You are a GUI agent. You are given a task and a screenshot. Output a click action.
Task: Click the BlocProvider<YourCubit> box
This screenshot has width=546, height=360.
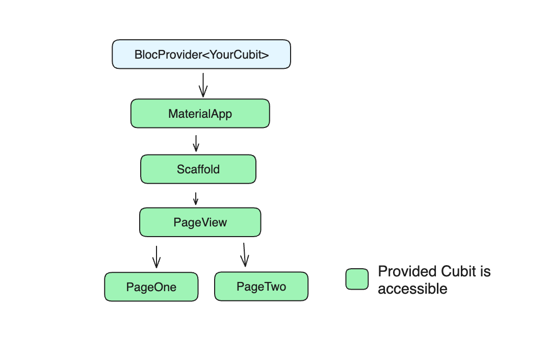tap(201, 54)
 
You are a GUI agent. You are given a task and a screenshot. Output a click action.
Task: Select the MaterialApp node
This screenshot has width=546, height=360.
tap(200, 113)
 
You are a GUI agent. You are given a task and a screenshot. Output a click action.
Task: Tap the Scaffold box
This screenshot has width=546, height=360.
tap(198, 169)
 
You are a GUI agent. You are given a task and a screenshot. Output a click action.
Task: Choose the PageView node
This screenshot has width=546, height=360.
tap(200, 222)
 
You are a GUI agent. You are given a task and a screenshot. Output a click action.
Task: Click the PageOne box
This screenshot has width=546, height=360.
tap(151, 287)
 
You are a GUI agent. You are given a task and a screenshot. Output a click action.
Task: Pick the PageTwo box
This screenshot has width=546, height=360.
tap(261, 286)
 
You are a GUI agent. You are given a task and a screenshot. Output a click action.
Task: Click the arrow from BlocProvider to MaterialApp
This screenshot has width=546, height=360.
tap(203, 85)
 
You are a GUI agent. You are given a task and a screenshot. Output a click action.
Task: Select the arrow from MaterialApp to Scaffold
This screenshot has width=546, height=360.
tap(196, 143)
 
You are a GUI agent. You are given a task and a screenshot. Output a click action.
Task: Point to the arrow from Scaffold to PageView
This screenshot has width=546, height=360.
tap(195, 198)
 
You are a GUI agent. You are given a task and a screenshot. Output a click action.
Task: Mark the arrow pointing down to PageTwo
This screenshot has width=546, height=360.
tap(244, 254)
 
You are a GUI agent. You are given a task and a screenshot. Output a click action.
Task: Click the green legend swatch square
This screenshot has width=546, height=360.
tap(357, 279)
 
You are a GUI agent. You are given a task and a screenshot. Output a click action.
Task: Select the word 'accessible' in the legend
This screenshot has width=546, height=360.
tap(412, 289)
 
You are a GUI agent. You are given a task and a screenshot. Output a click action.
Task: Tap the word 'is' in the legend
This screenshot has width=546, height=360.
tap(485, 271)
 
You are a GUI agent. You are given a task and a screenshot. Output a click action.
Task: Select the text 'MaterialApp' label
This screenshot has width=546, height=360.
tap(200, 113)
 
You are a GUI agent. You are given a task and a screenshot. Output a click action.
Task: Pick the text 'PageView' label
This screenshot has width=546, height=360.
tap(200, 222)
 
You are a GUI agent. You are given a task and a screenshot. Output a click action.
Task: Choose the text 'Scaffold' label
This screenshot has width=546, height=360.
tap(198, 169)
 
